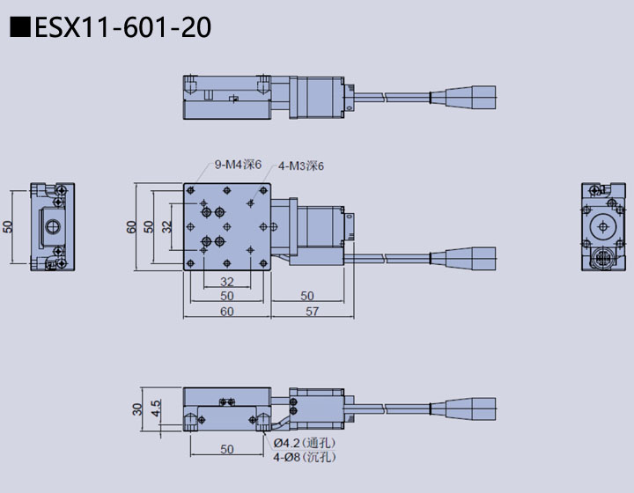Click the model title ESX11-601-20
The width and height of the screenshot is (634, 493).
click(x=122, y=28)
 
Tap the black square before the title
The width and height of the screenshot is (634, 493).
click(x=20, y=28)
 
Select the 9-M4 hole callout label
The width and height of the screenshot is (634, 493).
click(x=238, y=165)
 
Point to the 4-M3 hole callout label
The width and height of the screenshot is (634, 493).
click(x=301, y=166)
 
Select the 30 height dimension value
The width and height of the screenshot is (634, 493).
click(x=137, y=409)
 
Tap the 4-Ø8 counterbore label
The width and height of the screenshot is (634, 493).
click(x=304, y=457)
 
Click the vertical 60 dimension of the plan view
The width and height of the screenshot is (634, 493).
click(x=132, y=226)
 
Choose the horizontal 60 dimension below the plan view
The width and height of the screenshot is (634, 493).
click(x=227, y=311)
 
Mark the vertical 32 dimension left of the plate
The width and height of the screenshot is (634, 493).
click(x=167, y=226)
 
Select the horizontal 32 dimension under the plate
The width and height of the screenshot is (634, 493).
click(x=227, y=282)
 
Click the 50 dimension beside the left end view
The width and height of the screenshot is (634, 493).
click(x=9, y=226)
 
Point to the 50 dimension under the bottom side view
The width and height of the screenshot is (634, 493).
click(x=227, y=449)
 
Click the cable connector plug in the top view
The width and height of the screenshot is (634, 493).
click(x=470, y=94)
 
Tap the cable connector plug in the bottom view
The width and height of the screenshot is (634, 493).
click(x=470, y=410)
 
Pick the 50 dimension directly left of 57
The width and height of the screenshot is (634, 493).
click(x=307, y=296)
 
